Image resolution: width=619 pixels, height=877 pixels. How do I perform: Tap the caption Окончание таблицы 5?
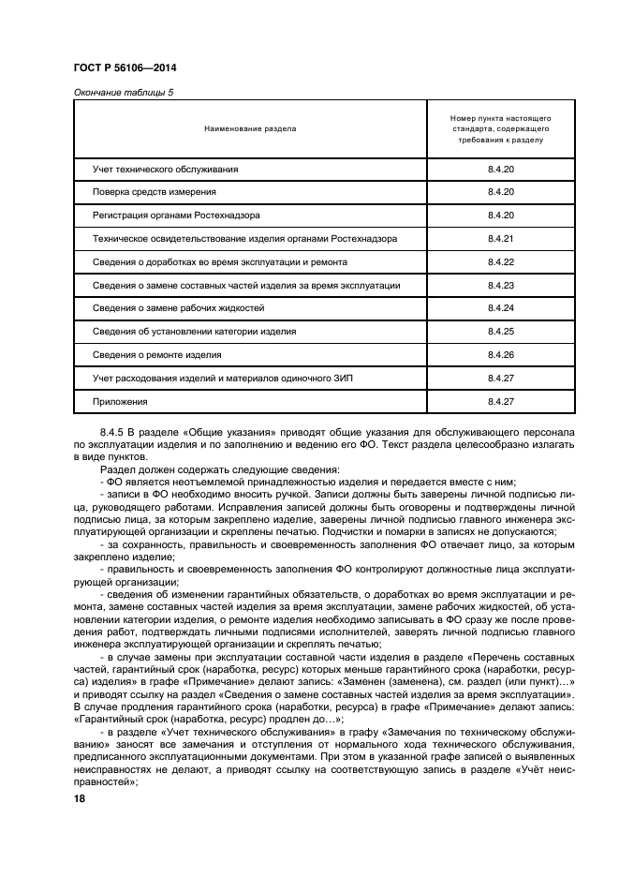123,92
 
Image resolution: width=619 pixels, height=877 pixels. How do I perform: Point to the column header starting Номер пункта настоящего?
501,128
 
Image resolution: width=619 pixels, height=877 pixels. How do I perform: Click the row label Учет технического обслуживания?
166,170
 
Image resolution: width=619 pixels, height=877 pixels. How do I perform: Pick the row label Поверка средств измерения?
155,192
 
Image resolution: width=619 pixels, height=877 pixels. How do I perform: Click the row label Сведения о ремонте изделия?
157,355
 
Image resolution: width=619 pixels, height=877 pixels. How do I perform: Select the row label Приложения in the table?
121,401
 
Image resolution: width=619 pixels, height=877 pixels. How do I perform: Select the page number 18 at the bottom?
79,798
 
